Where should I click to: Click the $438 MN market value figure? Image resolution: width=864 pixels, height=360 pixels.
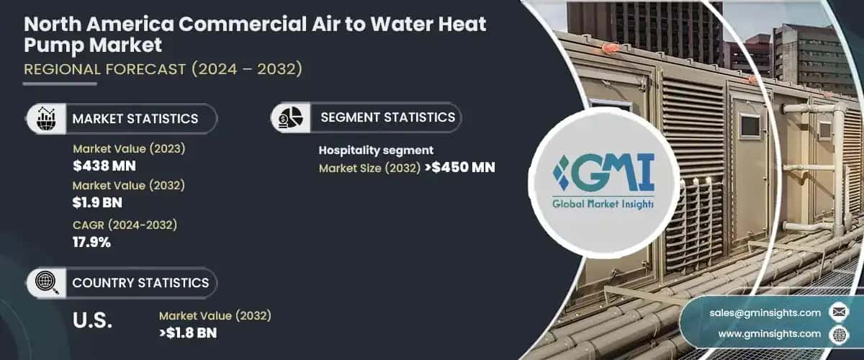point(104,166)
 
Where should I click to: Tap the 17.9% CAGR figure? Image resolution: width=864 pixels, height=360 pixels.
point(91,242)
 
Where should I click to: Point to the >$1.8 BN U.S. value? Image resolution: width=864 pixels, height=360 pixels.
point(188,333)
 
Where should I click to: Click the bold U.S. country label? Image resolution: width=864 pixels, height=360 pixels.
point(93,321)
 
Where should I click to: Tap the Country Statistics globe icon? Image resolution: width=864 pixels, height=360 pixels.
point(46,283)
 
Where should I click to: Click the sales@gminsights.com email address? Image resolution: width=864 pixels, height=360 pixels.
point(765,312)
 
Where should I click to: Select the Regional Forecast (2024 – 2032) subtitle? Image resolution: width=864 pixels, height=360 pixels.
point(163,70)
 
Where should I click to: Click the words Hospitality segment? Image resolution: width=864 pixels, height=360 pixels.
point(376,150)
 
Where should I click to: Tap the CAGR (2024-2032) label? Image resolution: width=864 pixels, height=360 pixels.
point(125,225)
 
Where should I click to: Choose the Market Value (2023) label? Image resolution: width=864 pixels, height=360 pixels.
point(129,149)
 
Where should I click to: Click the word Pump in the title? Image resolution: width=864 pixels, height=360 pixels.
point(54,45)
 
